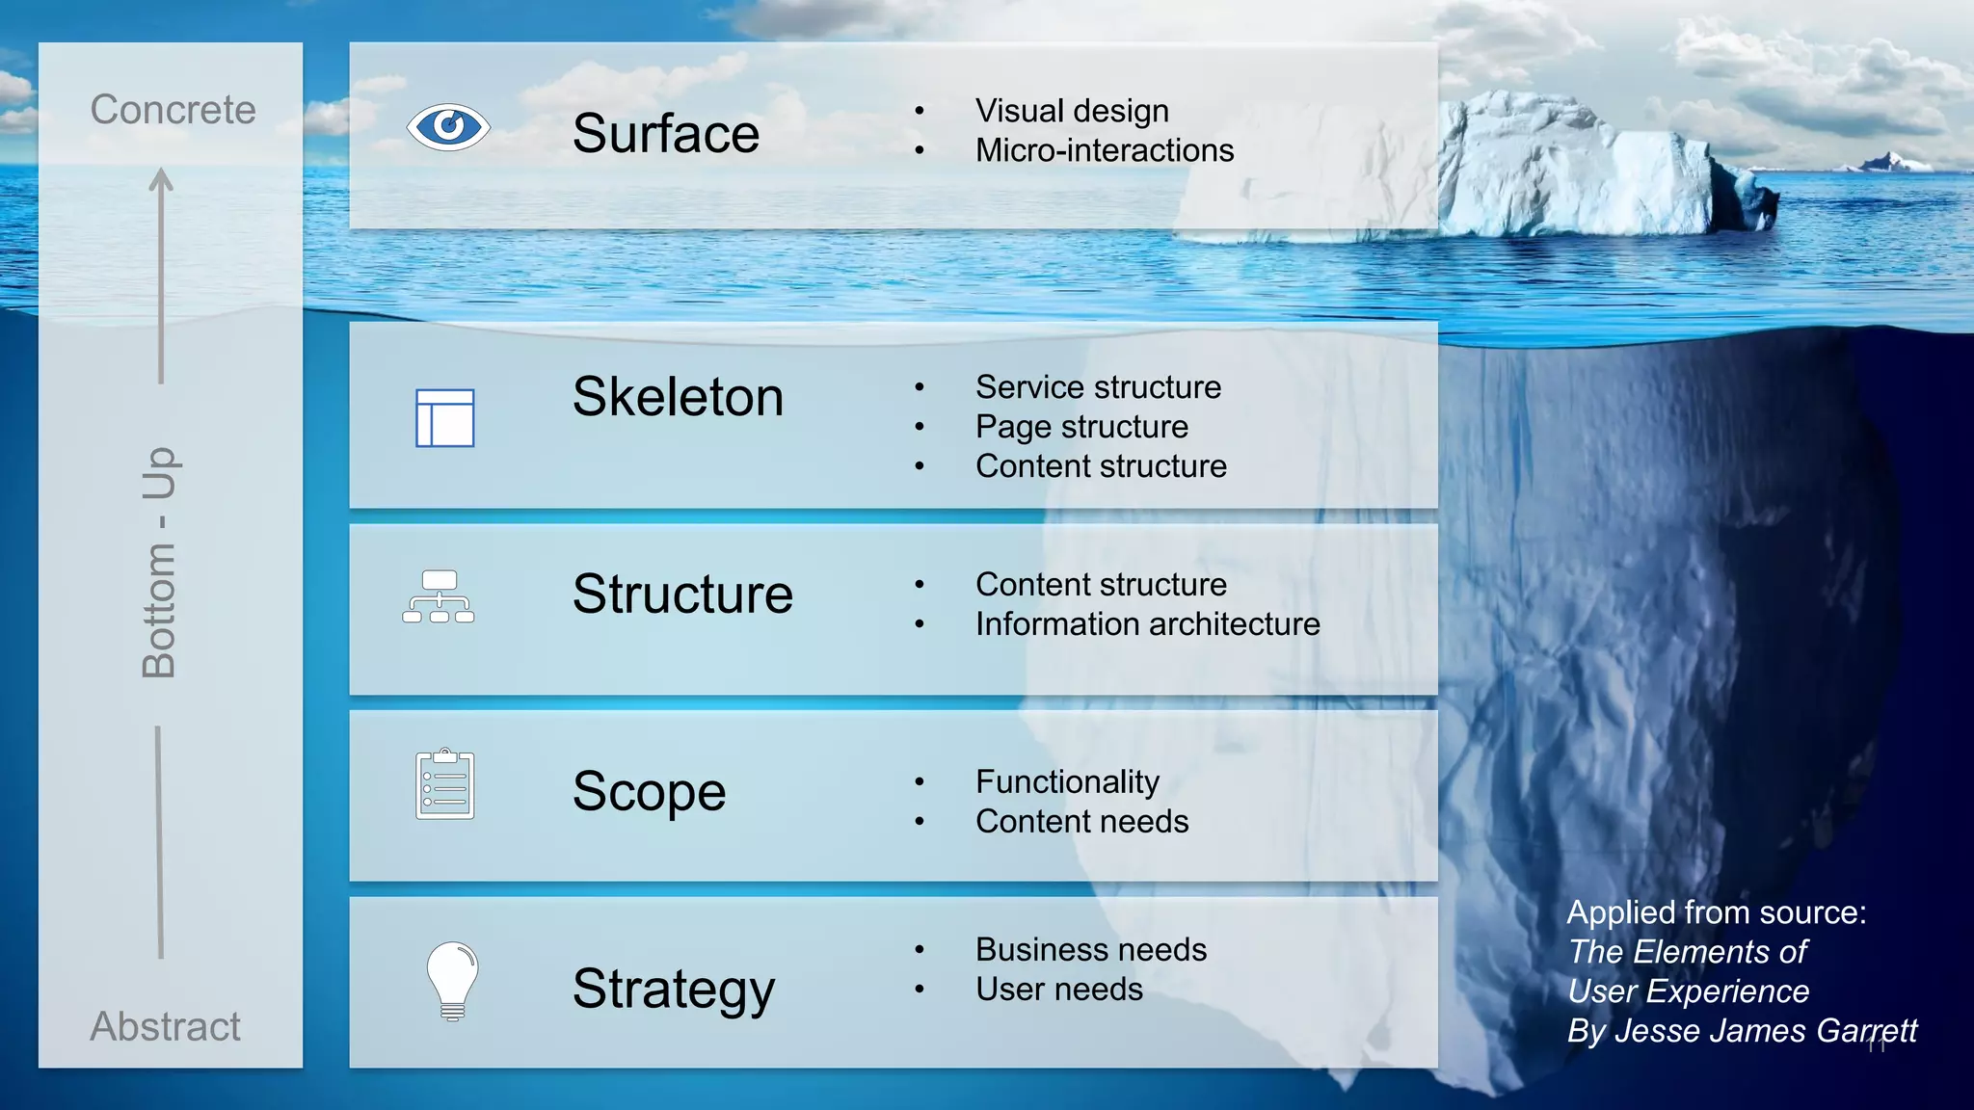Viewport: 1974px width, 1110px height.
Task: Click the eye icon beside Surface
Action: (448, 126)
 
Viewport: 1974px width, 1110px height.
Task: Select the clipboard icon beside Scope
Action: (444, 784)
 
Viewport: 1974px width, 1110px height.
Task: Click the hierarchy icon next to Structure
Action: (439, 596)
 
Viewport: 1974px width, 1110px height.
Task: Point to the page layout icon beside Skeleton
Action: (444, 418)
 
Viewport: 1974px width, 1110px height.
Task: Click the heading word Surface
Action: (665, 133)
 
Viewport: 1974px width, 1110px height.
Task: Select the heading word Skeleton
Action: (678, 397)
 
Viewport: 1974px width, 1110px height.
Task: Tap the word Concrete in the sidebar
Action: (173, 110)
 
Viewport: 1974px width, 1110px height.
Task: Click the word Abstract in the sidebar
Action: (165, 1026)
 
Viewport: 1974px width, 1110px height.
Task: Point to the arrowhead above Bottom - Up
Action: (161, 180)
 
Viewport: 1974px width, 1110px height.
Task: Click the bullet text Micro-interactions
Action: (1104, 150)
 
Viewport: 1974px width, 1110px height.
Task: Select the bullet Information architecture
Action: (1147, 624)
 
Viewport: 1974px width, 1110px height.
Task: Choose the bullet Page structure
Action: (1081, 427)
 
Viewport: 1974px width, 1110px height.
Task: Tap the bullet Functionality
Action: (1067, 781)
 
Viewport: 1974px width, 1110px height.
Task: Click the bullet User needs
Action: (1058, 990)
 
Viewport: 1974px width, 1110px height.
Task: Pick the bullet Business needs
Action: (1090, 950)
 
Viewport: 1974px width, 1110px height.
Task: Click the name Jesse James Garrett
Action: (1766, 1031)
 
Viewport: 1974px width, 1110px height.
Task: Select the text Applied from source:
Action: (1716, 912)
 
